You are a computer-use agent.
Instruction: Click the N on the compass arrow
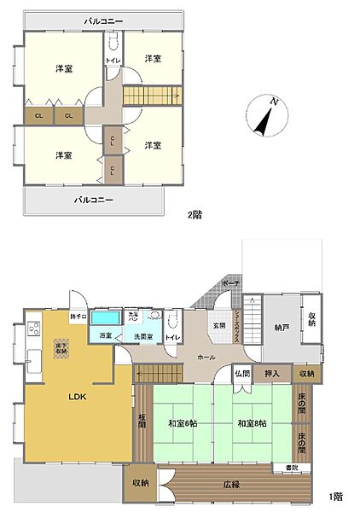click(x=275, y=102)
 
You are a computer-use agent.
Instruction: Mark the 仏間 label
click(x=242, y=373)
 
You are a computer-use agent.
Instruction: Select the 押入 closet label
click(x=272, y=373)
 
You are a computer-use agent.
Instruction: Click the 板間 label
click(x=142, y=422)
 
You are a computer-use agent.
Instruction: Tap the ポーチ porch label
click(x=229, y=282)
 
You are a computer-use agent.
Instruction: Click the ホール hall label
click(x=206, y=358)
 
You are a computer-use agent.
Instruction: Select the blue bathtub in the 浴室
click(x=106, y=317)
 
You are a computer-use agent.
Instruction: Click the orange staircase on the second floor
click(x=151, y=95)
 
